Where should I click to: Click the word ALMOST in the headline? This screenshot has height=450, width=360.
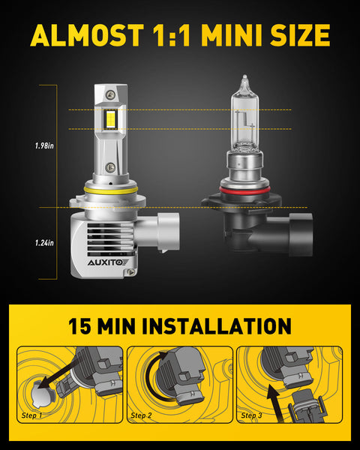click(x=87, y=35)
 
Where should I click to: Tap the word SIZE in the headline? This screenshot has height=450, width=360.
click(x=300, y=35)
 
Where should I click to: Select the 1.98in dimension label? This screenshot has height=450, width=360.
click(x=44, y=145)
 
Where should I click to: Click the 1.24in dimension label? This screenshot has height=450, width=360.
click(x=44, y=243)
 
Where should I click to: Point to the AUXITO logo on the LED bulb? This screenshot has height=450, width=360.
click(x=108, y=262)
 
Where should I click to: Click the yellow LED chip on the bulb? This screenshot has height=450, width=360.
click(x=110, y=120)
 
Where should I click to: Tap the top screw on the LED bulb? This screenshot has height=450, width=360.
click(x=110, y=94)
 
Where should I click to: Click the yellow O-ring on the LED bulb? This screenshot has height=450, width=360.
click(x=110, y=190)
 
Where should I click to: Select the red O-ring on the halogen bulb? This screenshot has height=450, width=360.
click(x=245, y=190)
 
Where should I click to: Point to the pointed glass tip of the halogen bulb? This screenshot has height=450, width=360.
click(x=244, y=77)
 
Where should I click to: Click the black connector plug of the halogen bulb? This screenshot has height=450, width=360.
click(x=301, y=235)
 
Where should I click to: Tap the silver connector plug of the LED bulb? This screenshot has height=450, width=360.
click(x=169, y=231)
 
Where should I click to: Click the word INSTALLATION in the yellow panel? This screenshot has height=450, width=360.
click(x=217, y=326)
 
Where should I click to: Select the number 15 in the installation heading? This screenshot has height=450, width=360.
click(x=80, y=326)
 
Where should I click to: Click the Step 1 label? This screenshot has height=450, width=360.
click(x=31, y=415)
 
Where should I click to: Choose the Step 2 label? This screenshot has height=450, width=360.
click(x=141, y=415)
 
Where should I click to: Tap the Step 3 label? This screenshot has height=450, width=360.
click(x=251, y=415)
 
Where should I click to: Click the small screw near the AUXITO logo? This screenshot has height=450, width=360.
click(x=132, y=271)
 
